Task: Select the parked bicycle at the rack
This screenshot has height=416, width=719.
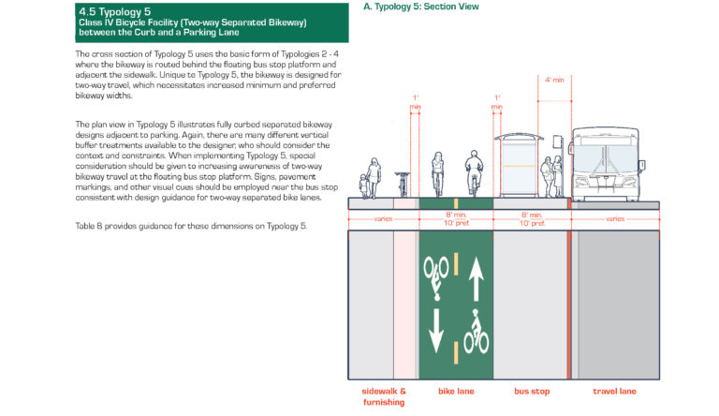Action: coord(403,184)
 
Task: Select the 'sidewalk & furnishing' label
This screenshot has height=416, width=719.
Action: coord(384,394)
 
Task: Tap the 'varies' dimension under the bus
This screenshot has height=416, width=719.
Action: coord(614,219)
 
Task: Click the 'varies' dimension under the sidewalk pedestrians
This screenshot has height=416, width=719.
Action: coord(370,219)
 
